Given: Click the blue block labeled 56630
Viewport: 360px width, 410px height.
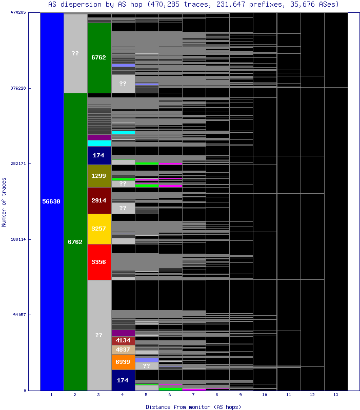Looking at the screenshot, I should click(x=51, y=201).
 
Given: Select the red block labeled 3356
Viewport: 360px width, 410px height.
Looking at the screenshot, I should click(x=99, y=262).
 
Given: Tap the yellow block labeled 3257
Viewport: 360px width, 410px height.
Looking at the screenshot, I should click(x=99, y=229).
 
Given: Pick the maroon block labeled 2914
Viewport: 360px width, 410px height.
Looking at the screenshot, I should click(x=99, y=200).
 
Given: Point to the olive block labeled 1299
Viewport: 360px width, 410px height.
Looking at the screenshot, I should click(x=99, y=176).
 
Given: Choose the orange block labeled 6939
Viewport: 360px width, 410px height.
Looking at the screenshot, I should click(x=123, y=362).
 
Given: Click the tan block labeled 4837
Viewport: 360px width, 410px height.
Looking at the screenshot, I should click(x=123, y=350).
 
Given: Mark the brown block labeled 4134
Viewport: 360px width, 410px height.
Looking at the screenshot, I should click(x=123, y=340).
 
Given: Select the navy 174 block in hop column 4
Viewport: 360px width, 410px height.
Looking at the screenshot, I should click(x=123, y=380).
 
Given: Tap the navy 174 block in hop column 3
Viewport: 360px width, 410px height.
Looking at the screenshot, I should click(x=99, y=155).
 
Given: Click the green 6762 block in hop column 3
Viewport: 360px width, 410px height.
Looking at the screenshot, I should click(x=99, y=57).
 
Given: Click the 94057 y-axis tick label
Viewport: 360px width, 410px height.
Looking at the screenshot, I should click(x=19, y=315).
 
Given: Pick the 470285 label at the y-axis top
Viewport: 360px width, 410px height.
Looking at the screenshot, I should click(x=18, y=12).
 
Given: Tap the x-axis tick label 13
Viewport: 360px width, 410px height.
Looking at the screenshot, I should click(x=336, y=395).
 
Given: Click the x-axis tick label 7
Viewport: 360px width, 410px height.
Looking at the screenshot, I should click(x=194, y=395).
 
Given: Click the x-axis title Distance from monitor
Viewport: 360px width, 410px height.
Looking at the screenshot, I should click(x=193, y=406).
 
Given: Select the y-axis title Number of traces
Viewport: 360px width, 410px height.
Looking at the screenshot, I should click(x=4, y=202).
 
